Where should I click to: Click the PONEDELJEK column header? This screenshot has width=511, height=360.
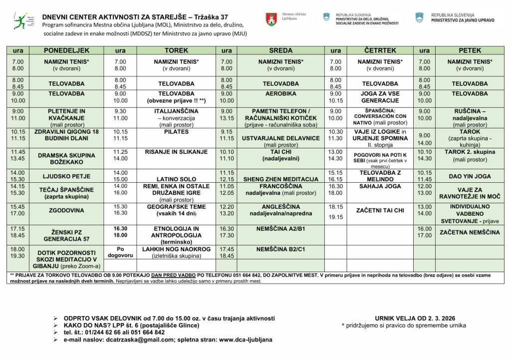pyautogui.click(x=66, y=50)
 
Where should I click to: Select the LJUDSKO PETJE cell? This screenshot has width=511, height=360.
pyautogui.click(x=66, y=176)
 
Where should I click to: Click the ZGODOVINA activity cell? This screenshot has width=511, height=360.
pyautogui.click(x=66, y=210)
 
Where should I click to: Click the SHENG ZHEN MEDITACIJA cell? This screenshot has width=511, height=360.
pyautogui.click(x=280, y=179)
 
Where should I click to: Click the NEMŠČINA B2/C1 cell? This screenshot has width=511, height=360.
pyautogui.click(x=280, y=248)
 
